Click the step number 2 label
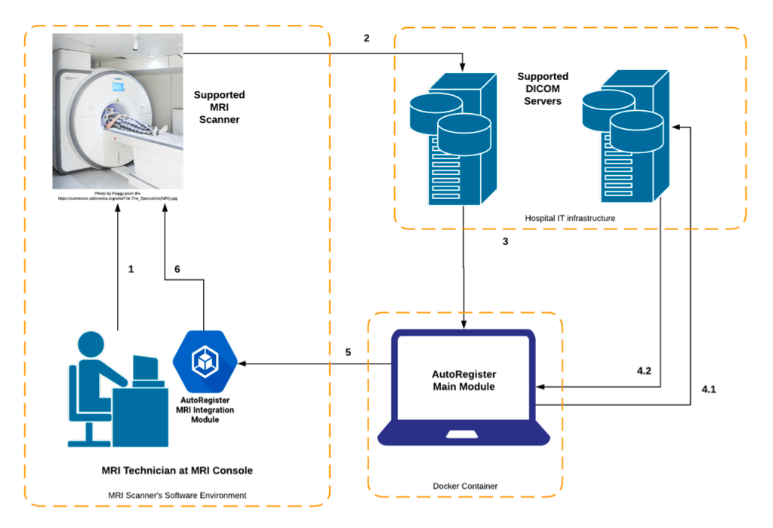point(367,38)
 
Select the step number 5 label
point(348,352)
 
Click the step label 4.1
point(708,389)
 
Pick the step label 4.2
point(644,372)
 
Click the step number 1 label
point(131,269)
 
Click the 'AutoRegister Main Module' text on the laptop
point(463,380)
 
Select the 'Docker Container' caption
point(466,486)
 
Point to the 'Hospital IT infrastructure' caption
point(570,218)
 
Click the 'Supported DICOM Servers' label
point(543,88)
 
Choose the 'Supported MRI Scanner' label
point(219,106)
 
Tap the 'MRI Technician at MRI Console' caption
point(177,471)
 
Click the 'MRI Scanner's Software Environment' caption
point(177,496)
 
